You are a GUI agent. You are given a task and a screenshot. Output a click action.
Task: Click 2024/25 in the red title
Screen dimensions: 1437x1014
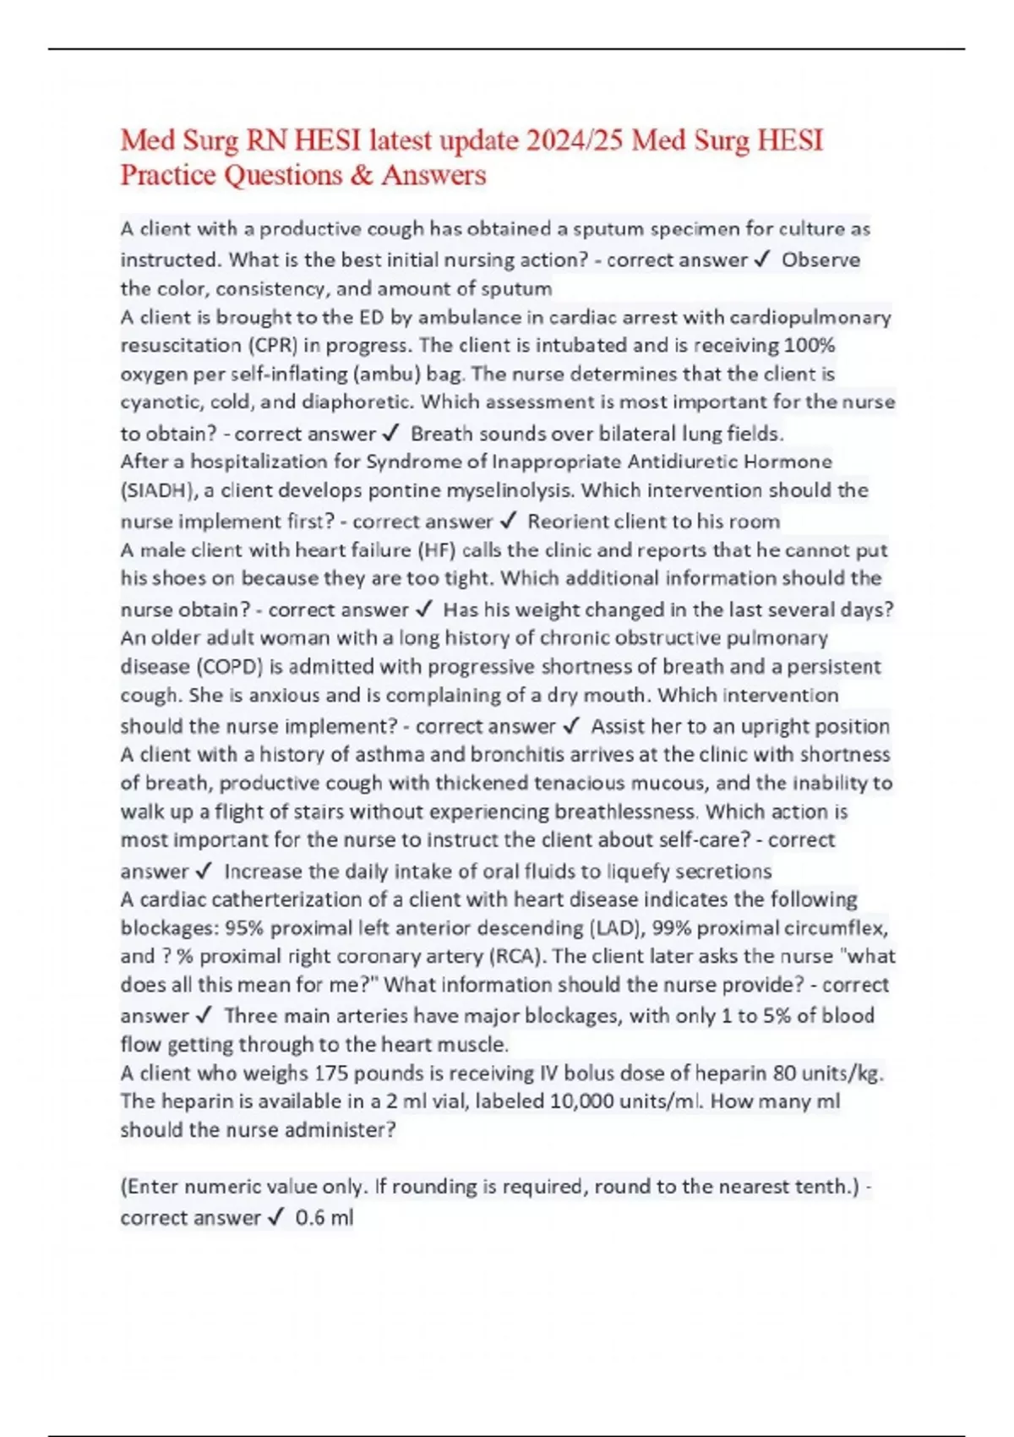[x=574, y=140]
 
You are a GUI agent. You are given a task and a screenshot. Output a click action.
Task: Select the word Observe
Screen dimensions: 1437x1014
[x=820, y=260]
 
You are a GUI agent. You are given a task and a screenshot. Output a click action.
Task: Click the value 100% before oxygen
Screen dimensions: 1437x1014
[x=810, y=346]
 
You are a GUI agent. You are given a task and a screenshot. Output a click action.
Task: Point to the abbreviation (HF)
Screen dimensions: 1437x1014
[x=437, y=551]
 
